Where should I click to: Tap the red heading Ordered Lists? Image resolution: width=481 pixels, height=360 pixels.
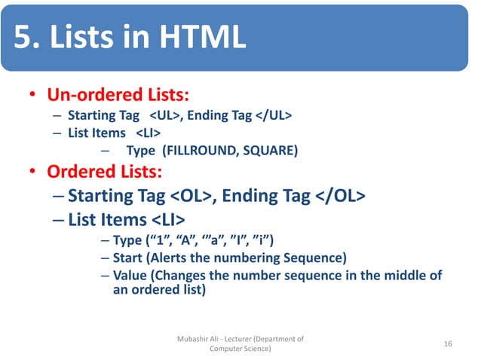tap(103, 171)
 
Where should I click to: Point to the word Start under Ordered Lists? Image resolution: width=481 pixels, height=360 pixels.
tap(127, 258)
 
